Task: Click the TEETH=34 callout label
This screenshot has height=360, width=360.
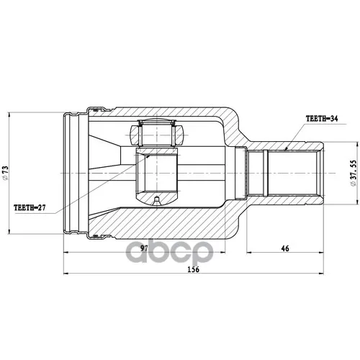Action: (322, 118)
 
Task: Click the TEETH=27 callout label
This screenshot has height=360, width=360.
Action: (30, 207)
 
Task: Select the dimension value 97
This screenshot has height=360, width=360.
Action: (144, 248)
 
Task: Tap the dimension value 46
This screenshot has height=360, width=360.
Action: (285, 248)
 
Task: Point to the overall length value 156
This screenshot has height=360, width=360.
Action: (194, 269)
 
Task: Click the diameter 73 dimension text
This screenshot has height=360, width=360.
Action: (5, 173)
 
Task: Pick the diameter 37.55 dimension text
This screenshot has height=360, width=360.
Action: (354, 173)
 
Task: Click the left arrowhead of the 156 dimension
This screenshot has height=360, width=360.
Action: (66, 273)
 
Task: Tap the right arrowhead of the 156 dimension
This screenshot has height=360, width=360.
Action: (321, 273)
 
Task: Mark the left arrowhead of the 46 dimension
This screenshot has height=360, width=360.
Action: (249, 252)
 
